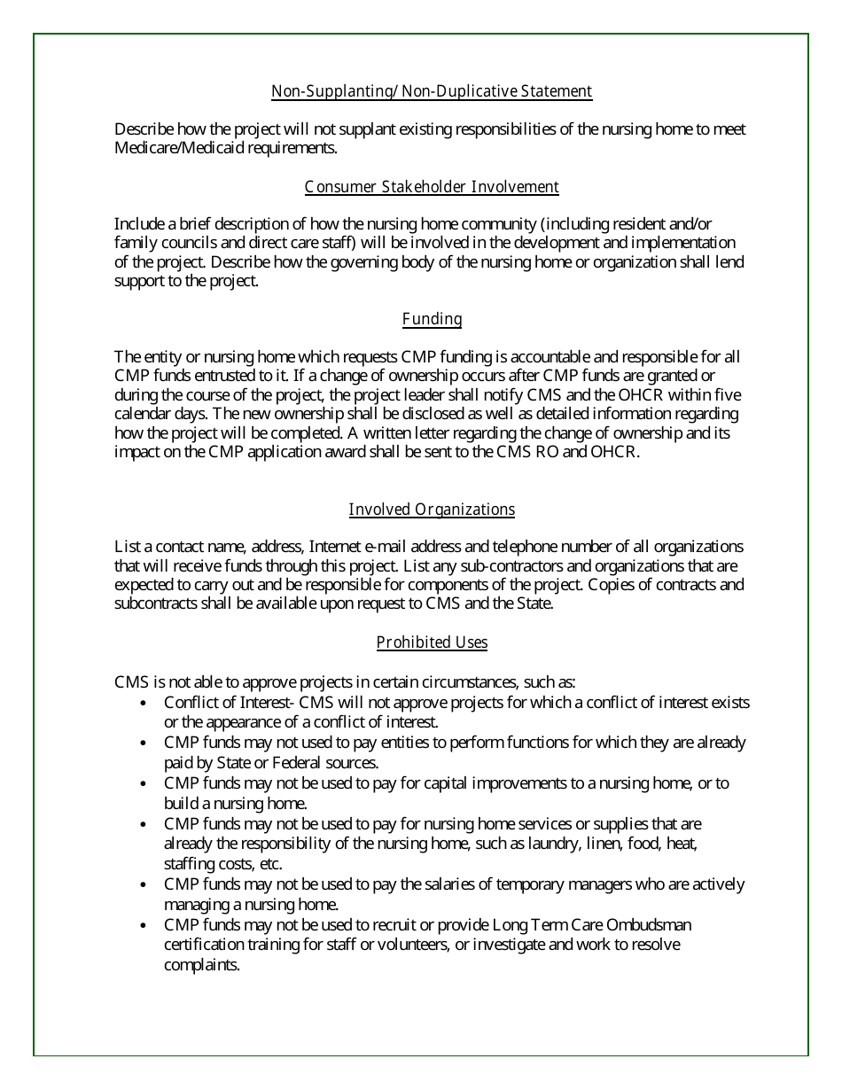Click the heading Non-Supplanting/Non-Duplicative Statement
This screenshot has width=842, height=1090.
432,91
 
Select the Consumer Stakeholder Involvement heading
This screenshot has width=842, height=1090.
432,187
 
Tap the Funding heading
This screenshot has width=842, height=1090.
432,319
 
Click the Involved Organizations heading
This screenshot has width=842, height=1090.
432,510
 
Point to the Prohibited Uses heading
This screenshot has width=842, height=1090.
432,642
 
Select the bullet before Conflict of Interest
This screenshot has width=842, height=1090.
144,703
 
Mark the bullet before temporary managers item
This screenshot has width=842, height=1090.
144,884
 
